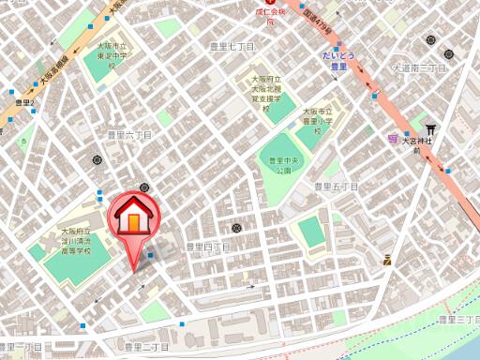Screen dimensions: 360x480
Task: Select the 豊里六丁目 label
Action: point(129,135)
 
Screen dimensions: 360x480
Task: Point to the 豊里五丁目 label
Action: point(336,187)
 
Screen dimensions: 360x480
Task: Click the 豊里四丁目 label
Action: point(207,247)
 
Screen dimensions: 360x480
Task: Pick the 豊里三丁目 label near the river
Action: point(458,321)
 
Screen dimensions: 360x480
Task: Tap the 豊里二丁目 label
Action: point(146,348)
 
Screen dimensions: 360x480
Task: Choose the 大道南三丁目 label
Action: point(418,68)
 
